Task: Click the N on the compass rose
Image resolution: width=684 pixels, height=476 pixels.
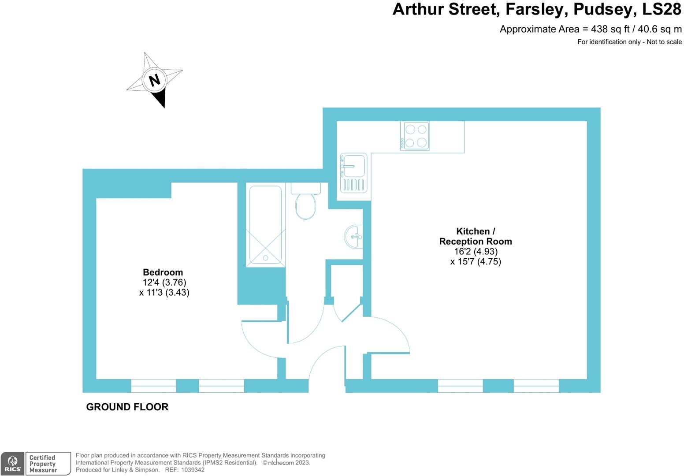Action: [154, 80]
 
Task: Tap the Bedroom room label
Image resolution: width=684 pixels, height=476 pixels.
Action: [163, 272]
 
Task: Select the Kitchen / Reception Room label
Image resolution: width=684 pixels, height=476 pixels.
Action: [476, 236]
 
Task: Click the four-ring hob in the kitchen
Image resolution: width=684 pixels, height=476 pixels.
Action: [415, 136]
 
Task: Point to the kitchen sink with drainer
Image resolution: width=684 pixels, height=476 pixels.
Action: [353, 173]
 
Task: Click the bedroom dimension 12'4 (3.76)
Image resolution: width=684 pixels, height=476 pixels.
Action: [164, 283]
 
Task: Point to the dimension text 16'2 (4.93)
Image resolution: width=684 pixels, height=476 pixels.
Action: [476, 252]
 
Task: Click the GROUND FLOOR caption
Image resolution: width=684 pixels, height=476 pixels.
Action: [127, 407]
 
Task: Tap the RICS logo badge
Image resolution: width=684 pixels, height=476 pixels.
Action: [13, 464]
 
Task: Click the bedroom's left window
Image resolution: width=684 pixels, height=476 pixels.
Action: [154, 386]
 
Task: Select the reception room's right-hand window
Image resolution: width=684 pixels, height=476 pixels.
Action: [536, 386]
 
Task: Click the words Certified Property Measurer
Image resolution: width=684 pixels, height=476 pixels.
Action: [43, 464]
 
